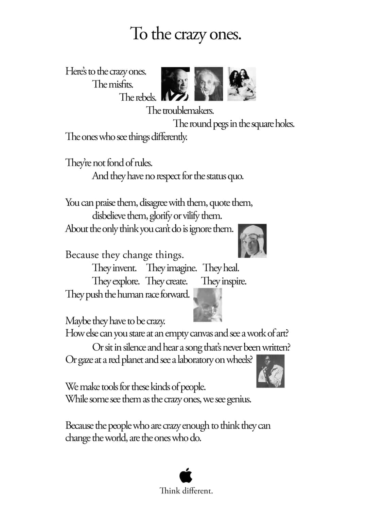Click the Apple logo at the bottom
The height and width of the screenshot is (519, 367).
186,475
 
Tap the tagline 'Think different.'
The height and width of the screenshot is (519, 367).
186,491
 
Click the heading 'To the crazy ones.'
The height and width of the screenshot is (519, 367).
186,34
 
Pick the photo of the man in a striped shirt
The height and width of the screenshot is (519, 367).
175,84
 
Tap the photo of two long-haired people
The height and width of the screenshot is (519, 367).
242,84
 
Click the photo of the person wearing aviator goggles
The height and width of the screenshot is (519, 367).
252,241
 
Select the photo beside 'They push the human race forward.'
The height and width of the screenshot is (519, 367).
208,305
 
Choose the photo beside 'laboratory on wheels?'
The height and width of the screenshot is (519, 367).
270,371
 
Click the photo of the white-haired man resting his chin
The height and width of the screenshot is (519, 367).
209,84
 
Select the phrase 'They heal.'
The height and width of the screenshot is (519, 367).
221,268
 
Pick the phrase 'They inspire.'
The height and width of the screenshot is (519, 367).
224,281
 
